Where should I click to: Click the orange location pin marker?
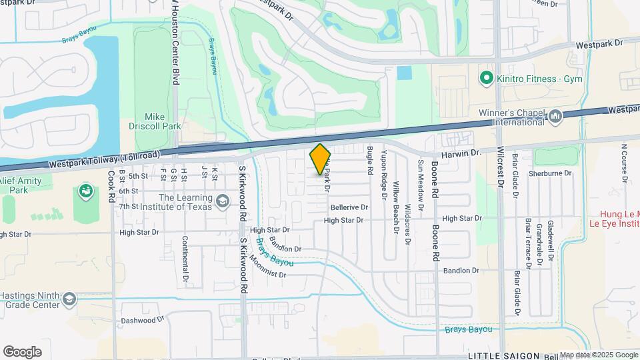click(x=320, y=159)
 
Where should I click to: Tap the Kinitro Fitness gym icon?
click(x=486, y=79)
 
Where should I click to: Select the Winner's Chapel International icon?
click(x=555, y=117)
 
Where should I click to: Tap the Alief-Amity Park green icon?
click(x=85, y=192)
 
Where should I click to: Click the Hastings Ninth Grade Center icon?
click(x=69, y=300)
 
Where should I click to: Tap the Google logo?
click(x=22, y=352)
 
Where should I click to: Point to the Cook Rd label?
click(x=111, y=186)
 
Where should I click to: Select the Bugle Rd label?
click(x=369, y=161)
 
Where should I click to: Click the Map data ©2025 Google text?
click(x=599, y=355)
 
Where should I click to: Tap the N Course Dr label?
click(x=625, y=162)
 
